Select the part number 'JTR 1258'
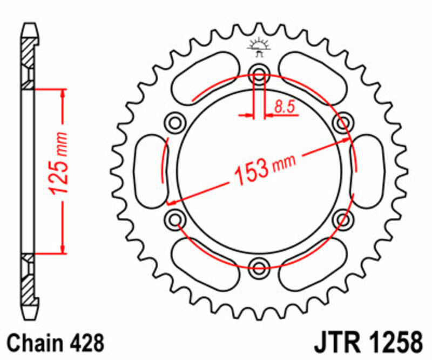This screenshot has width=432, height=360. [x=367, y=343]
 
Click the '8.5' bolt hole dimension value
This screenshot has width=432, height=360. [x=284, y=107]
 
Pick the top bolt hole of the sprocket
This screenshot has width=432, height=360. [x=259, y=76]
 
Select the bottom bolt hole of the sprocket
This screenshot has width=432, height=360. [x=259, y=265]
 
